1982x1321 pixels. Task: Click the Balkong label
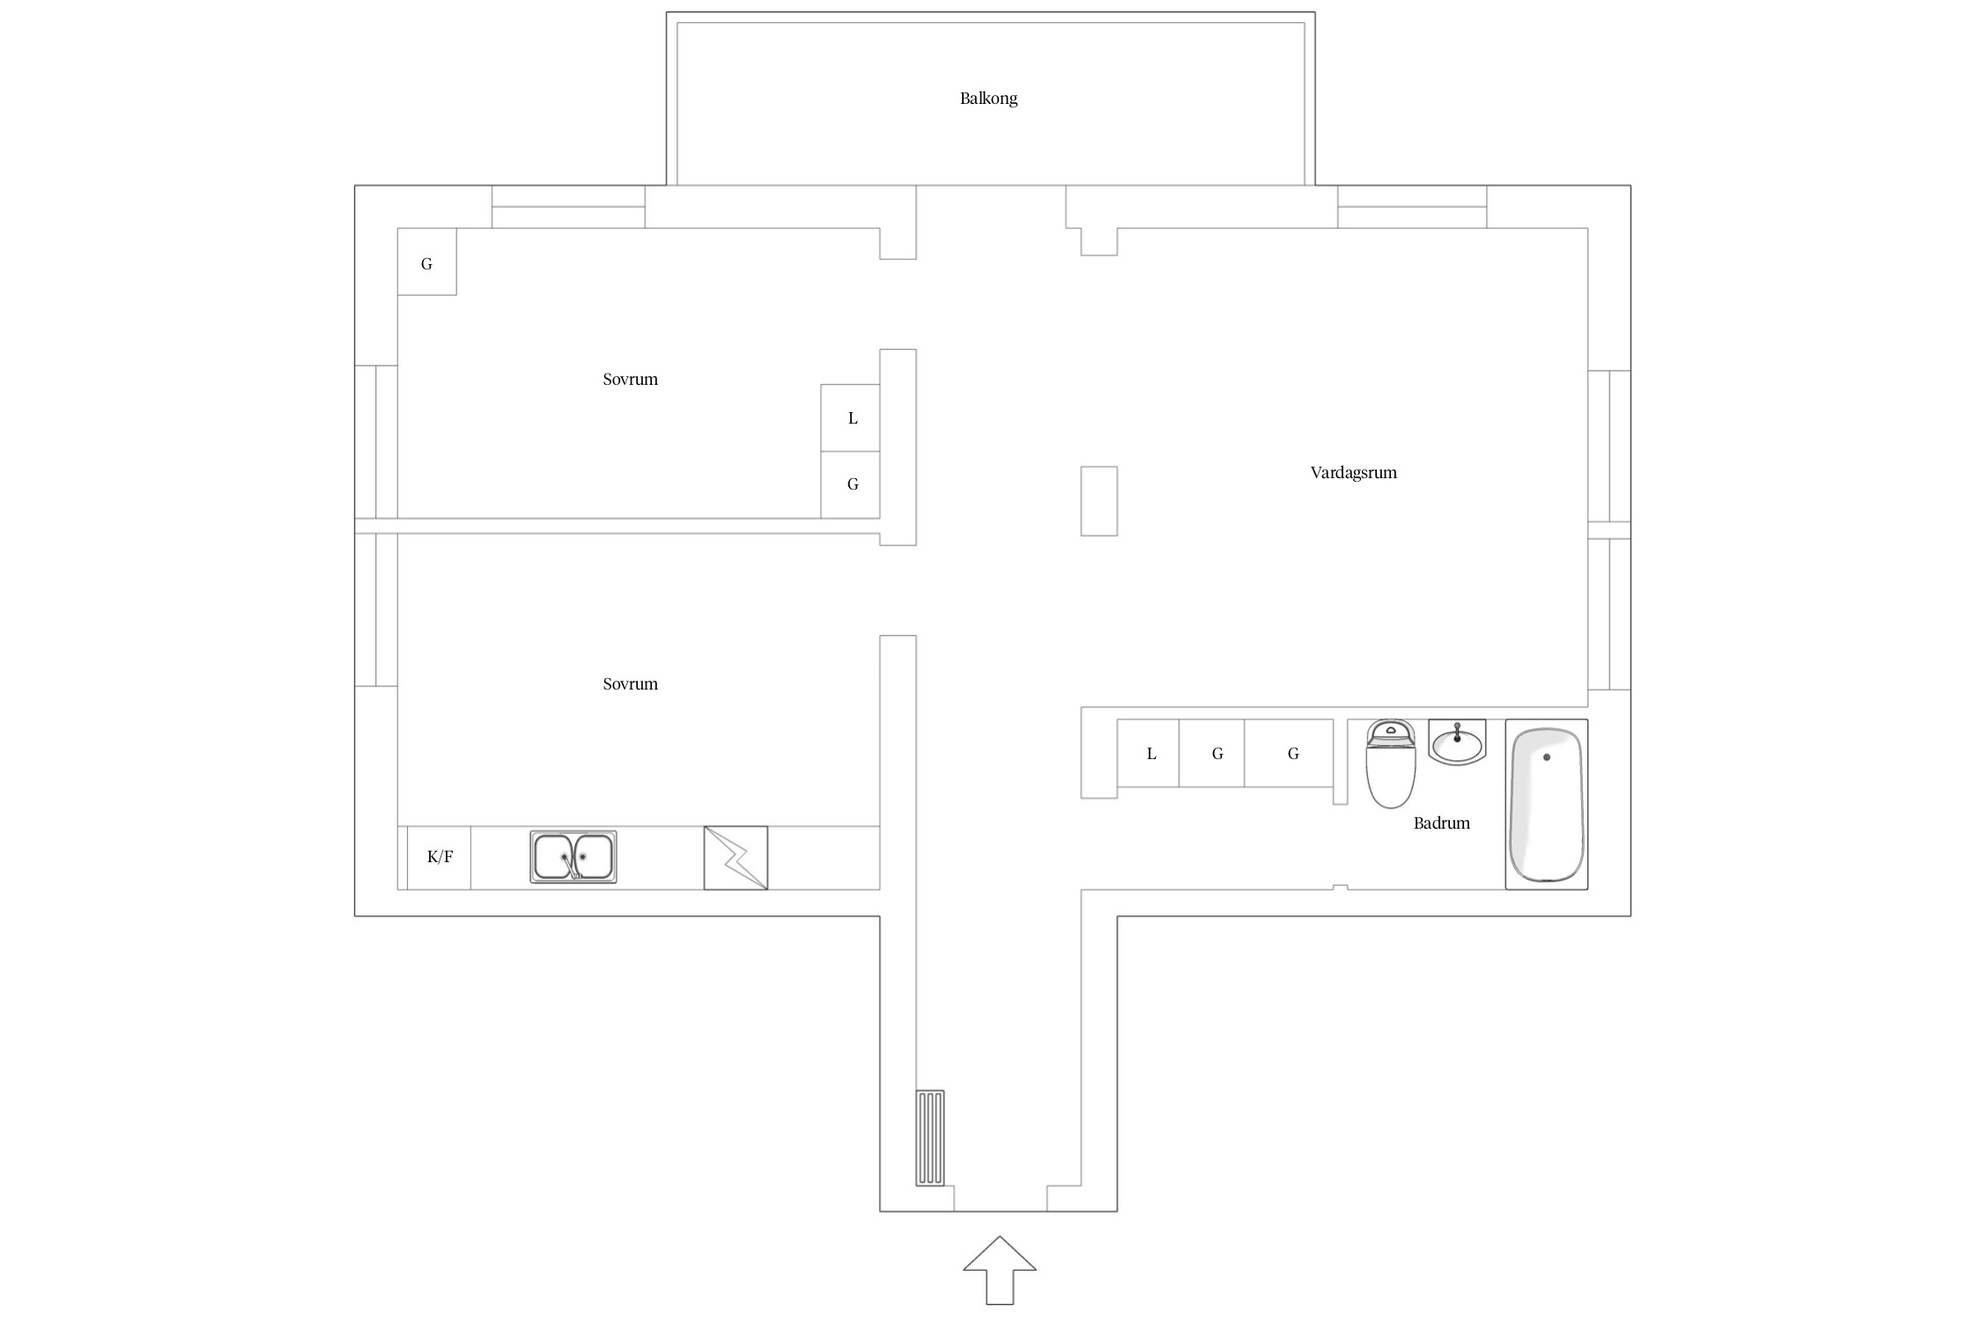point(988,99)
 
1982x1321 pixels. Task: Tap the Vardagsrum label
point(1353,473)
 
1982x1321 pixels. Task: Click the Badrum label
point(1441,823)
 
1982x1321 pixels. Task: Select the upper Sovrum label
point(630,380)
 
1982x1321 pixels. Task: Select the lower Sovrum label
point(630,684)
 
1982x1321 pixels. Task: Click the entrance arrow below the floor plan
point(999,1270)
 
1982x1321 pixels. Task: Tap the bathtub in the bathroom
point(1546,804)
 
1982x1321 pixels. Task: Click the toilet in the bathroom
point(1391,764)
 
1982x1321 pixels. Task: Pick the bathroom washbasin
point(1457,742)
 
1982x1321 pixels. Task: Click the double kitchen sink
point(573,857)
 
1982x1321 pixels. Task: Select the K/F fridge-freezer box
point(439,857)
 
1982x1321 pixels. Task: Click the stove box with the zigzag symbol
point(736,858)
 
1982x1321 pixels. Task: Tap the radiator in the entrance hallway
point(930,1138)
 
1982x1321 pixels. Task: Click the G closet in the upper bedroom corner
point(427,262)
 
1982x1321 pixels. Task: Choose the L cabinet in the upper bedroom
point(850,418)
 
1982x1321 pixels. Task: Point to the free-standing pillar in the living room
point(1099,501)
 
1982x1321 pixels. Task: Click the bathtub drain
point(1546,757)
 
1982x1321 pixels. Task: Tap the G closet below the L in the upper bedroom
point(850,485)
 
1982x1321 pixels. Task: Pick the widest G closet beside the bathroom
point(1289,753)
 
